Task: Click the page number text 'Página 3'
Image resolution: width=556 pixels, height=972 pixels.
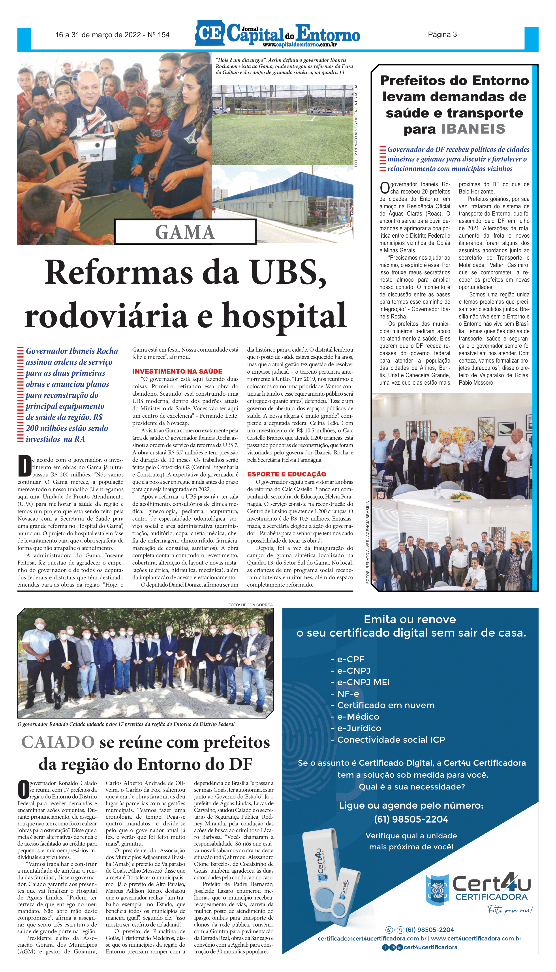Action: point(442,35)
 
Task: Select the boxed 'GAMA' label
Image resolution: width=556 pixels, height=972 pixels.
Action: point(185,232)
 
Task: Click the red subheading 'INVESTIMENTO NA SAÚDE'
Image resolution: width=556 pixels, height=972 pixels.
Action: point(177,371)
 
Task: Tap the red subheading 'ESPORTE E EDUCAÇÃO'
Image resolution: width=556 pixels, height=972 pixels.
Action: point(286,474)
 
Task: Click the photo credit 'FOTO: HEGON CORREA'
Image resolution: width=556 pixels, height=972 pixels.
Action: point(250,605)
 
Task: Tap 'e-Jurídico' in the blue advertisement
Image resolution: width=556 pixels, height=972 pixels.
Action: point(359,728)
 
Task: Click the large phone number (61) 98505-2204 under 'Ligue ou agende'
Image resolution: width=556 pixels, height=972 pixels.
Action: point(411,819)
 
